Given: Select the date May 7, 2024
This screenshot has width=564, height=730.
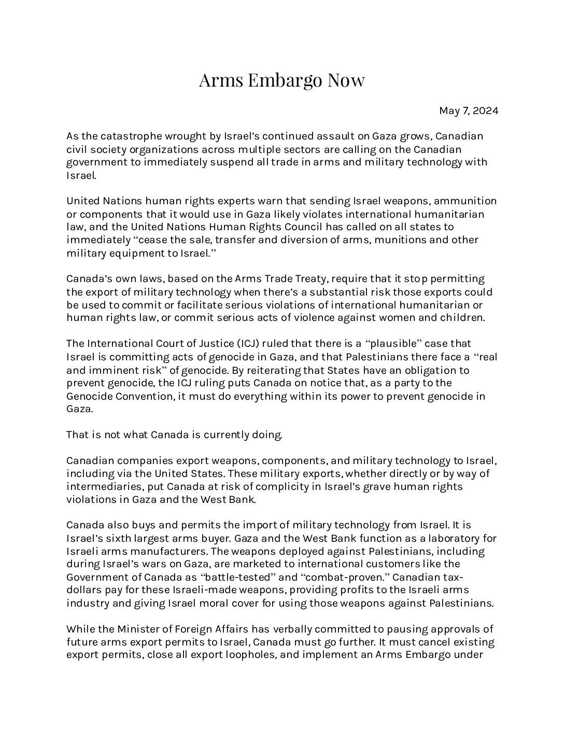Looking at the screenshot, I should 469,110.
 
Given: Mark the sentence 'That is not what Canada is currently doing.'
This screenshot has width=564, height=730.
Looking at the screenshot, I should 174,434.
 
